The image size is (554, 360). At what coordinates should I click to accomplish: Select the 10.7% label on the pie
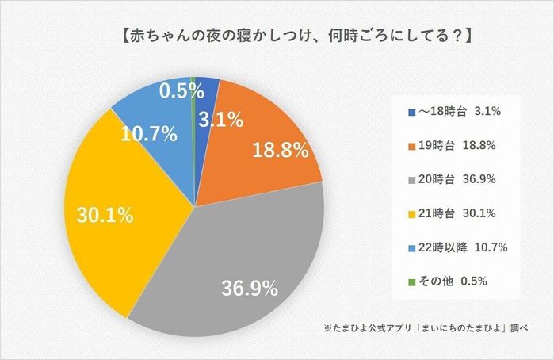pos(148,134)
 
